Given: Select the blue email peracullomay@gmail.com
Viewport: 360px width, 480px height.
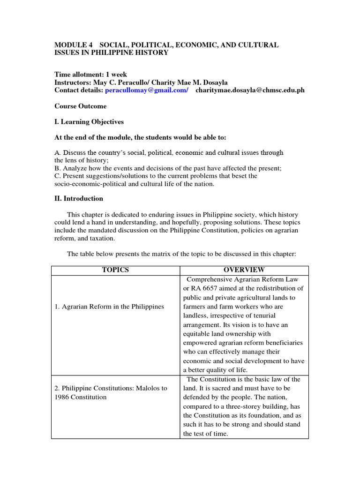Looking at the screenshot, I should pyautogui.click(x=146, y=90).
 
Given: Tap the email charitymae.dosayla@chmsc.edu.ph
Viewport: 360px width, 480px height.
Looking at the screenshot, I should pyautogui.click(x=250, y=90).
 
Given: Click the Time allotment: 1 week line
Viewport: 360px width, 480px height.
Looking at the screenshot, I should pyautogui.click(x=90, y=75).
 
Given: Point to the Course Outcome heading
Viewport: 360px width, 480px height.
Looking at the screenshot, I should pyautogui.click(x=80, y=106).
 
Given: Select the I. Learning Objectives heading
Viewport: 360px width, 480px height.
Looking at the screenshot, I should pyautogui.click(x=89, y=122).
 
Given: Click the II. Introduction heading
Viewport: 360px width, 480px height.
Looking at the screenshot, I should pyautogui.click(x=79, y=198).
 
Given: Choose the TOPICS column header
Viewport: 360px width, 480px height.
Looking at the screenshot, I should pyautogui.click(x=115, y=270).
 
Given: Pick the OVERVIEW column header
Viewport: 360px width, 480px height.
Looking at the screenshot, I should pyautogui.click(x=244, y=270).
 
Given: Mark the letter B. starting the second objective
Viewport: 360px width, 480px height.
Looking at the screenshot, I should pyautogui.click(x=58, y=168).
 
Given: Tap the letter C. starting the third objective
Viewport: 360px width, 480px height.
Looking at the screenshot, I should pyautogui.click(x=58, y=176).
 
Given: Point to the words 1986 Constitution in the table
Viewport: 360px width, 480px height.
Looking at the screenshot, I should pyautogui.click(x=81, y=397).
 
